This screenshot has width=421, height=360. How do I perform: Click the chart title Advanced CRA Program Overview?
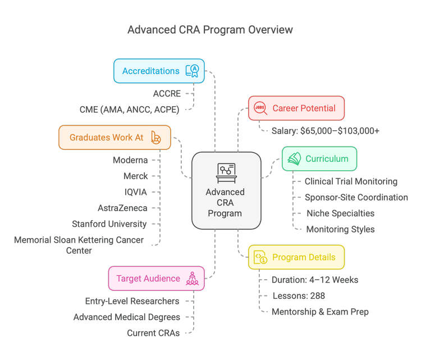click(210, 29)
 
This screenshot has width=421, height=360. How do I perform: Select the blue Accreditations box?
click(159, 71)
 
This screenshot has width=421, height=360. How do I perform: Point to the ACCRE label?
click(166, 94)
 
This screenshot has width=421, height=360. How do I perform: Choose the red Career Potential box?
click(296, 108)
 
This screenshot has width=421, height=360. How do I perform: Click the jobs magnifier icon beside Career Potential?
click(260, 108)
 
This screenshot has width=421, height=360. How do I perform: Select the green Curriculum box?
click(319, 159)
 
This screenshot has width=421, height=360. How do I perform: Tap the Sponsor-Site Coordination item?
click(356, 197)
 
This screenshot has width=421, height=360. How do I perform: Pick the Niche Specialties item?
click(340, 213)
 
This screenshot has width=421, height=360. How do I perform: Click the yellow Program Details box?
click(296, 257)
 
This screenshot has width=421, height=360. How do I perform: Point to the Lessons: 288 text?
click(298, 295)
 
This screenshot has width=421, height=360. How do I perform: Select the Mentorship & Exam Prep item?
click(320, 311)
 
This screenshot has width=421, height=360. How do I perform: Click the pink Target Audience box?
click(156, 279)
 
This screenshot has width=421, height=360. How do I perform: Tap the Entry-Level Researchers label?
click(132, 301)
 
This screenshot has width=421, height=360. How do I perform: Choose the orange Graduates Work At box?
click(115, 137)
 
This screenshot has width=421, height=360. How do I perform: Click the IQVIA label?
click(136, 192)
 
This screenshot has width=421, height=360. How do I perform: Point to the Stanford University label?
click(109, 224)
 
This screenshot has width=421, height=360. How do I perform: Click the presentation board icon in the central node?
click(226, 171)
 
